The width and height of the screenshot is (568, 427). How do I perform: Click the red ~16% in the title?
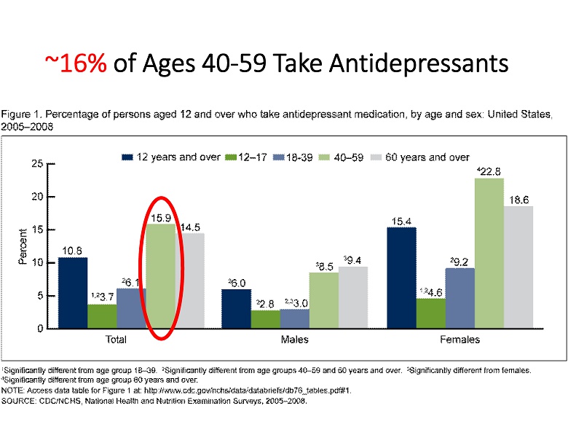point(76,63)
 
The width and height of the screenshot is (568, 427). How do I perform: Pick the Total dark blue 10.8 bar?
point(73,292)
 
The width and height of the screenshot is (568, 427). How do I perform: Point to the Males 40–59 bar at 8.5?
point(323,300)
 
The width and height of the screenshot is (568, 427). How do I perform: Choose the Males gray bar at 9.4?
point(353,297)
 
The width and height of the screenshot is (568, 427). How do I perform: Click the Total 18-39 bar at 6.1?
point(131,308)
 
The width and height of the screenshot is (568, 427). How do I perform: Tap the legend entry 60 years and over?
point(433,157)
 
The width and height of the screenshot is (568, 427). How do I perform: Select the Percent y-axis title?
point(21,246)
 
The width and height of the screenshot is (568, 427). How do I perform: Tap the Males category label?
point(294,340)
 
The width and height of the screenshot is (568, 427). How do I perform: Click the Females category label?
point(459,340)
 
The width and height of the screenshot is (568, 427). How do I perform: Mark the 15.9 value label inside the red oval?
point(161,217)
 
